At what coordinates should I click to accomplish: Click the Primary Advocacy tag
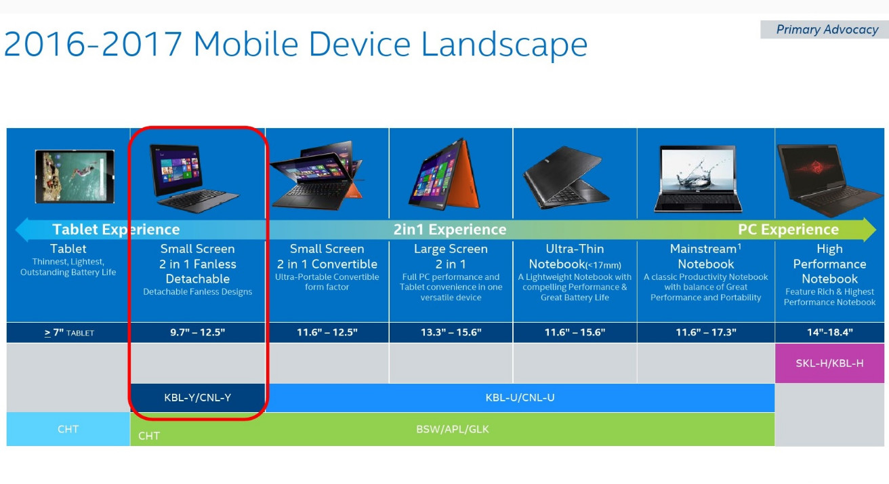(825, 29)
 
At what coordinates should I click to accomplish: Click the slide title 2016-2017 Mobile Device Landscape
(295, 45)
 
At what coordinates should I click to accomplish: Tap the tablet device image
(75, 176)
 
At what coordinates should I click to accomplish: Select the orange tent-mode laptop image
(444, 174)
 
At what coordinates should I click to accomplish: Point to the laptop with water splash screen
(698, 179)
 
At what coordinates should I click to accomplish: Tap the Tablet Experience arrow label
(116, 230)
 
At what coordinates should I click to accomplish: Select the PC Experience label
(788, 230)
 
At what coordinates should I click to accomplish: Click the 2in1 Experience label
(450, 230)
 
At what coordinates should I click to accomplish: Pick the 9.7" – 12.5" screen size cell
(198, 332)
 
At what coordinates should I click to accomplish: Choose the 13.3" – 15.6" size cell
(451, 332)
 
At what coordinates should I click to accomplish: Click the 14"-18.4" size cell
(829, 332)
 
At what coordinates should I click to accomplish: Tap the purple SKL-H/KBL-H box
(829, 363)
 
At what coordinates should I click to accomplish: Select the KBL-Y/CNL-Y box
(198, 397)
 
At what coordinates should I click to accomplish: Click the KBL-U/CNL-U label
(520, 397)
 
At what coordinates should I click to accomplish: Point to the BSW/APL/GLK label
(453, 429)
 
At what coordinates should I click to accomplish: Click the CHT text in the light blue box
(68, 429)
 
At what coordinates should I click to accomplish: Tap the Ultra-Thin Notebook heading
(575, 256)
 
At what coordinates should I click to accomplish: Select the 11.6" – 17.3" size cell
(705, 332)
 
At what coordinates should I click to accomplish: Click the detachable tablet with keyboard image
(192, 178)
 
